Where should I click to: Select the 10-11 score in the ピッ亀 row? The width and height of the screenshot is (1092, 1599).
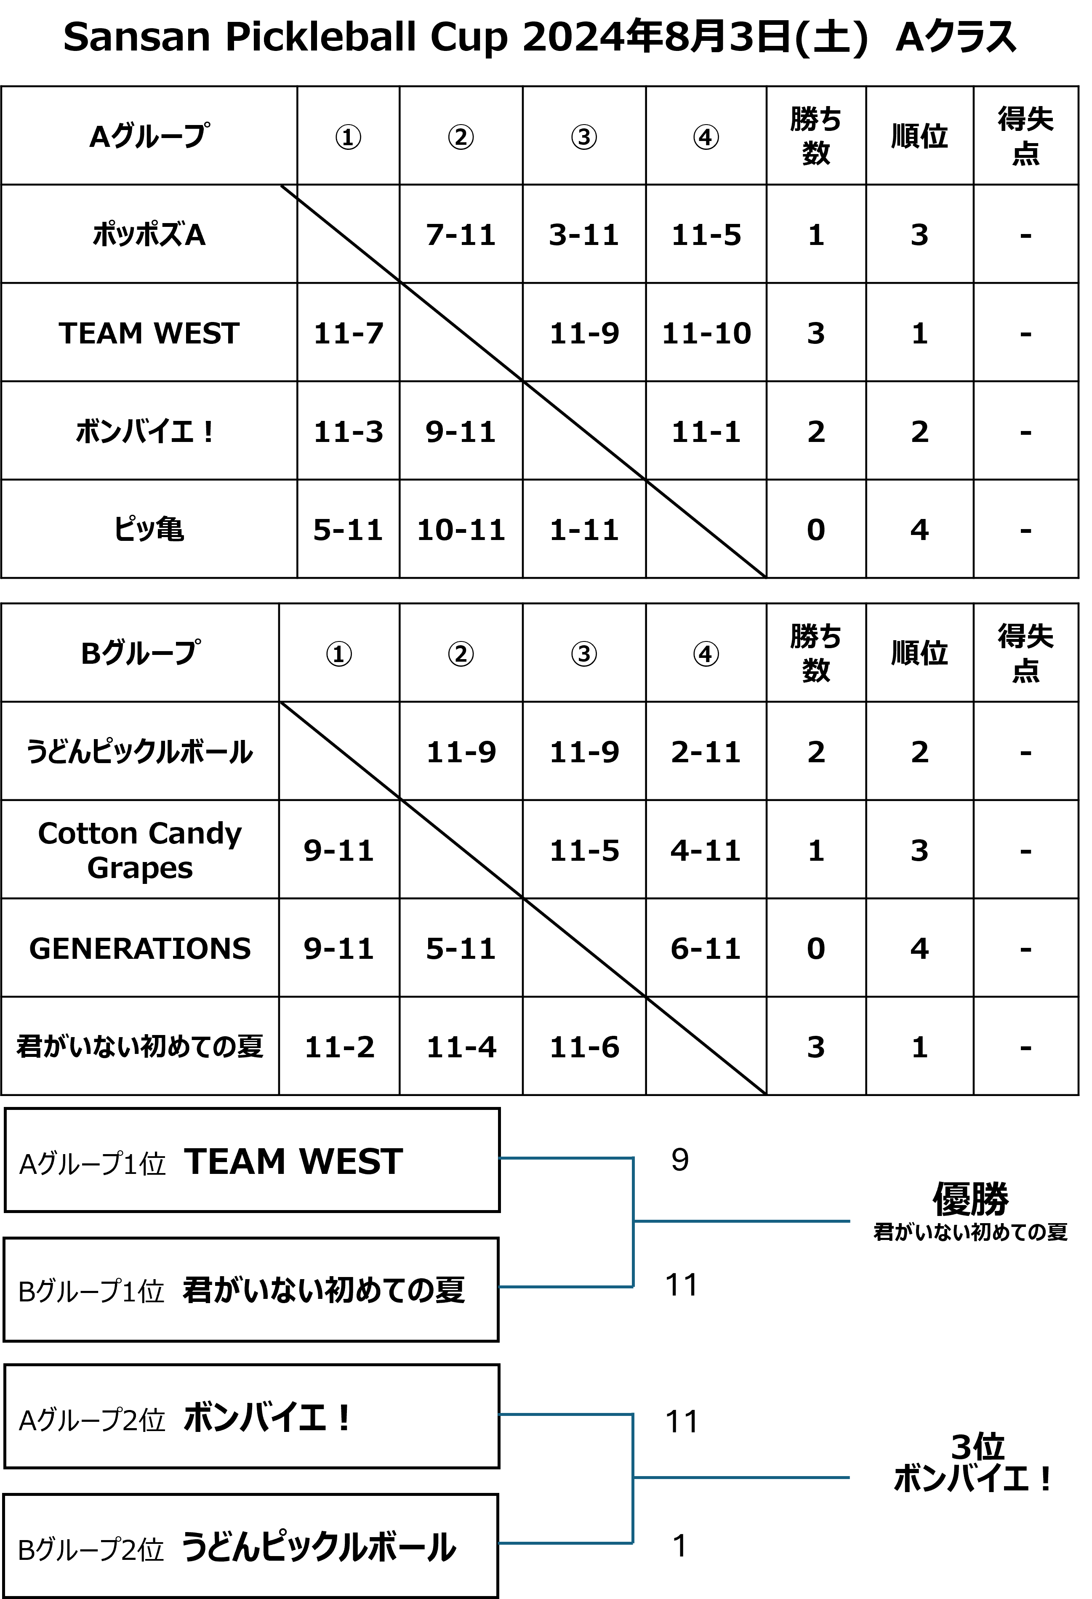[461, 530]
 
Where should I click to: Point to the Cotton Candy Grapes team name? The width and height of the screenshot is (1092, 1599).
[140, 850]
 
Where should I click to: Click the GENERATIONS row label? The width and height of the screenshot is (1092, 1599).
[140, 949]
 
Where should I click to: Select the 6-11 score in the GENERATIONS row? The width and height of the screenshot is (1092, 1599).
[706, 949]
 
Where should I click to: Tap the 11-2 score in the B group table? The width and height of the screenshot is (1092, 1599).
[339, 1047]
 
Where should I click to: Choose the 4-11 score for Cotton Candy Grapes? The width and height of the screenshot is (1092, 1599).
[706, 850]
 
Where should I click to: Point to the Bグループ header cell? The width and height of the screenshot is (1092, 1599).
[140, 653]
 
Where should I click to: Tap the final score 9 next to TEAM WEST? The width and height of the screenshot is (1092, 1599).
[680, 1160]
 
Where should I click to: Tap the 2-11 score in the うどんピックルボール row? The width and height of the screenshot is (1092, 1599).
[706, 752]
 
